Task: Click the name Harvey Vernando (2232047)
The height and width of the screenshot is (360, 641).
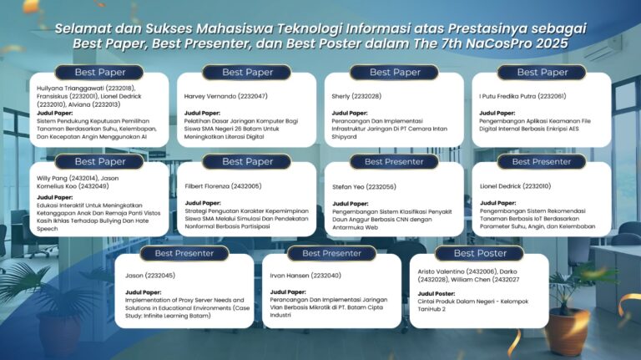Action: (x=225, y=96)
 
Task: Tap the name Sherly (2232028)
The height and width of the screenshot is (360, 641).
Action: (x=358, y=96)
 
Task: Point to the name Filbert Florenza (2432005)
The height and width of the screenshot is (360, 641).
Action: (x=223, y=186)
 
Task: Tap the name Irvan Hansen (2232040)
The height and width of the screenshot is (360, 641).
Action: (x=305, y=275)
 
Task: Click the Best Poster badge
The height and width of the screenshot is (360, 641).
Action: (x=480, y=253)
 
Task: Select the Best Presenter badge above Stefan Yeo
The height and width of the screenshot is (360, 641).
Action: (x=394, y=161)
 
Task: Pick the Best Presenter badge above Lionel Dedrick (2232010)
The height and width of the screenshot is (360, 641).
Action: (x=541, y=161)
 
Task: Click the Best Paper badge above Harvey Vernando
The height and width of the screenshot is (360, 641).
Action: (x=247, y=73)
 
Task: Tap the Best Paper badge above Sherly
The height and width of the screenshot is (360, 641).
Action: (x=394, y=73)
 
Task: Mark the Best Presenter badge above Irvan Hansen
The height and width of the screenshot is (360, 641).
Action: (x=331, y=253)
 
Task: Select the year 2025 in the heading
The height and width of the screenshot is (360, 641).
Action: (x=545, y=43)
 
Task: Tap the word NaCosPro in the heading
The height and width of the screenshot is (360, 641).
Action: (x=486, y=43)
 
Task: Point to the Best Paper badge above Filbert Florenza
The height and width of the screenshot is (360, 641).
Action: (x=247, y=161)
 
